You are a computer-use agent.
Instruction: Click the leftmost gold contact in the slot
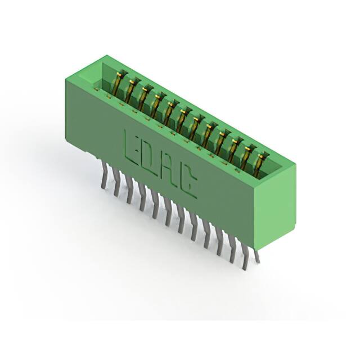120,82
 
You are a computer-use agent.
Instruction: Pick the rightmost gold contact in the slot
260,164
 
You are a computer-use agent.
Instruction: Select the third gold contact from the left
145,97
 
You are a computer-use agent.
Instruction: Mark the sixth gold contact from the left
183,120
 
